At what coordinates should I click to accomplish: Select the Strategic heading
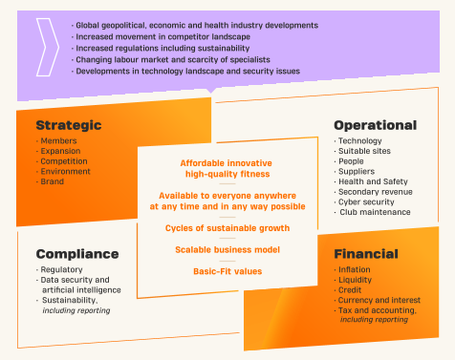69,125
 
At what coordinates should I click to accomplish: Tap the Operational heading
376,125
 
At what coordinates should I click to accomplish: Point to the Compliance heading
77,254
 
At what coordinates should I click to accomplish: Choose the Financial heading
366,254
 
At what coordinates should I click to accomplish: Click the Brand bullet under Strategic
52,181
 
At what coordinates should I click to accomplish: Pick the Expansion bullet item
60,151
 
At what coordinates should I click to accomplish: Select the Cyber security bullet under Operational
366,202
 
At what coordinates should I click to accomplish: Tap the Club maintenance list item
375,212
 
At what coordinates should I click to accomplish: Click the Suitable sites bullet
364,151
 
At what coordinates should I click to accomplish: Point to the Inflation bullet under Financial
355,269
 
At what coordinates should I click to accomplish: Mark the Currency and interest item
379,300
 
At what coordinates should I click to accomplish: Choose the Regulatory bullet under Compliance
61,269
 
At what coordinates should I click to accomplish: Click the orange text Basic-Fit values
227,271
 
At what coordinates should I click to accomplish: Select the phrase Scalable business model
227,249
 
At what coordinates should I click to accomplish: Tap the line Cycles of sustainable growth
227,228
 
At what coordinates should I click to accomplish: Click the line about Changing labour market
173,59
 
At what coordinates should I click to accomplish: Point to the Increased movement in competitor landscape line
162,36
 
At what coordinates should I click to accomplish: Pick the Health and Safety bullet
373,181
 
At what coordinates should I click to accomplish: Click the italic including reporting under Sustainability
76,310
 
